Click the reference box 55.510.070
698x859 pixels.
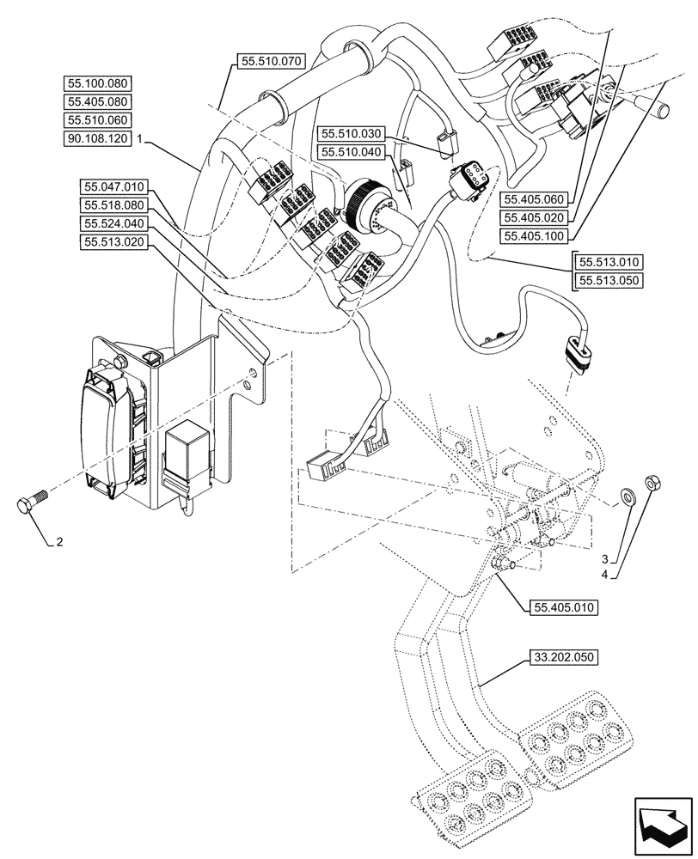pos(269,62)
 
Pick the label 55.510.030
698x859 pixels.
pos(351,134)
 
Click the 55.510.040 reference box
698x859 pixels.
pos(351,151)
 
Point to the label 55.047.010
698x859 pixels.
pos(115,186)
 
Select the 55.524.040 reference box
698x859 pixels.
pos(115,223)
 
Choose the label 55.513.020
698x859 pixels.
pos(115,242)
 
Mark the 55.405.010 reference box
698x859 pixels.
pos(559,606)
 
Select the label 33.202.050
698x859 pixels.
pos(563,658)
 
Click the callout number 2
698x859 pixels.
pos(58,542)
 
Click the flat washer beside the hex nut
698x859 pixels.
pos(628,496)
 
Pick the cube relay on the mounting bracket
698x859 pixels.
pos(189,448)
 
